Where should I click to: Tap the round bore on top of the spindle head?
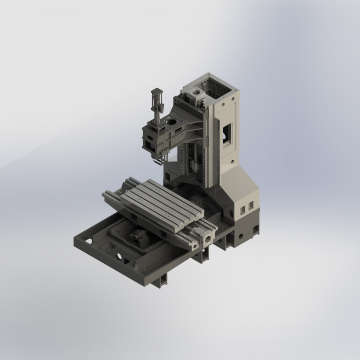pos(170,121)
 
